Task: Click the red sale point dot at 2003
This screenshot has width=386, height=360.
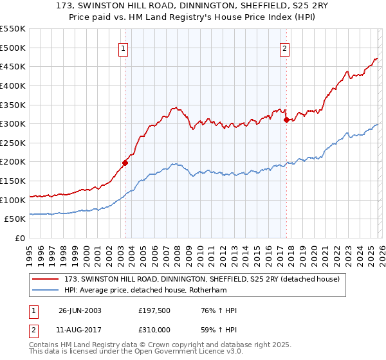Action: tap(125, 163)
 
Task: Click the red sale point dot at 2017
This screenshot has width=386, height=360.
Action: tap(286, 120)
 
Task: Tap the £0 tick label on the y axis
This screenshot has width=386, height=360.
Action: tap(19, 239)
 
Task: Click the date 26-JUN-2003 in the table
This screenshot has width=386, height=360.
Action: tap(80, 310)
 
